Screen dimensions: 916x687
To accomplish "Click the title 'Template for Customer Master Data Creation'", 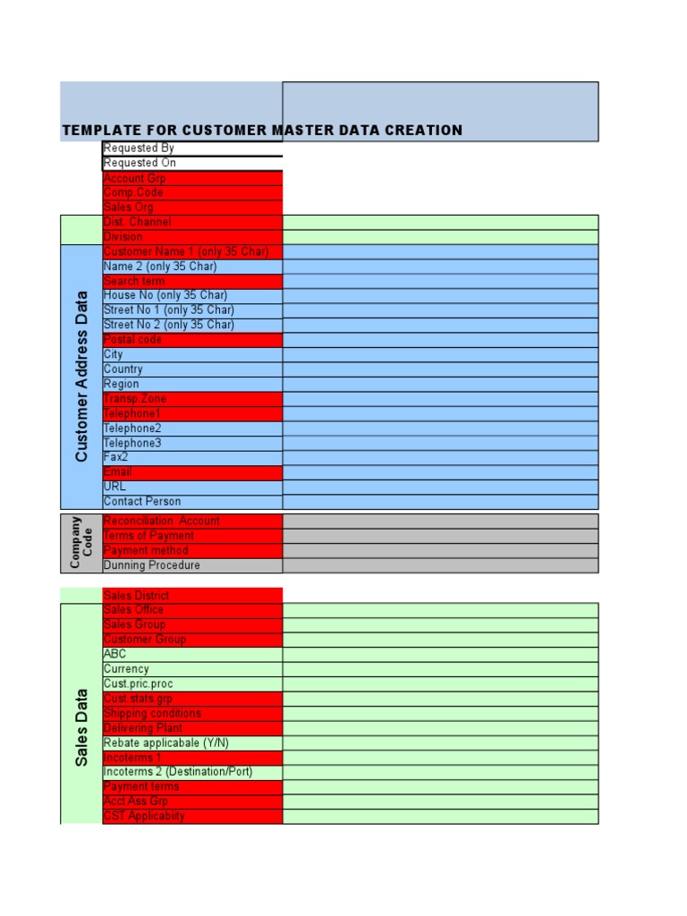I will pos(262,131).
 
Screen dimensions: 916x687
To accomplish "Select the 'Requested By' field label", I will pos(139,148).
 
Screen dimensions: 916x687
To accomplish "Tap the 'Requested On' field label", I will pos(140,163).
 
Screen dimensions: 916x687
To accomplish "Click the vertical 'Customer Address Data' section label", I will pos(81,377).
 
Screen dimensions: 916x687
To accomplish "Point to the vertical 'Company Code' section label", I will pos(81,542).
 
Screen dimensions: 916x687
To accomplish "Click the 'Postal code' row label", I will pos(133,340).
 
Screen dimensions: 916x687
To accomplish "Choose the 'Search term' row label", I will pos(134,281).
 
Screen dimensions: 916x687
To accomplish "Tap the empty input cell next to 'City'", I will pos(440,355).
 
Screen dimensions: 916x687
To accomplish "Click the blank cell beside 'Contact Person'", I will pos(440,502).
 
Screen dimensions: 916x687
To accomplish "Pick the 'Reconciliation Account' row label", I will pos(161,521).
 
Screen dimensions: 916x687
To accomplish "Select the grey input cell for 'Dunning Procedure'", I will pos(440,565).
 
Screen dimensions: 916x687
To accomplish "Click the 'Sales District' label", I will pos(136,595).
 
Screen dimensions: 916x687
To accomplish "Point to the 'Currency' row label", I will pos(126,669).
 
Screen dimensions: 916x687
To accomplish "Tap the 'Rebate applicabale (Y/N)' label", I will pos(166,742).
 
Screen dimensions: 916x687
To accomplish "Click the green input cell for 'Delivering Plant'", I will pos(440,728).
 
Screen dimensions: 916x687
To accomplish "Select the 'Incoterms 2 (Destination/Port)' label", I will pos(178,772).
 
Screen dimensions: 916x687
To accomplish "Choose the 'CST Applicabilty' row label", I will pos(144,816).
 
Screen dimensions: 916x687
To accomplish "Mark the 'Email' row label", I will pos(117,472).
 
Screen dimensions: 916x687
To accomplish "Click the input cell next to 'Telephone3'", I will pos(440,443).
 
